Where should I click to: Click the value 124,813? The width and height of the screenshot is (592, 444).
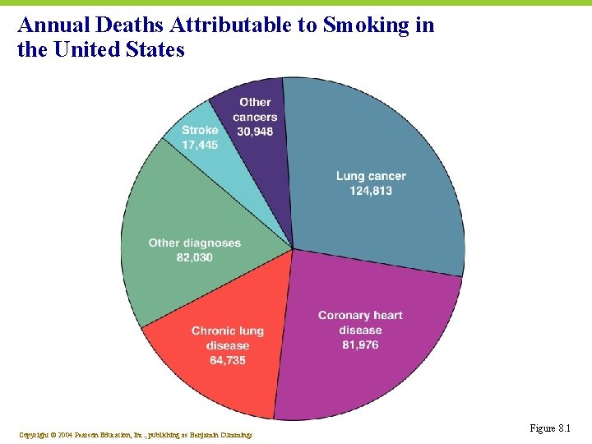click(x=371, y=191)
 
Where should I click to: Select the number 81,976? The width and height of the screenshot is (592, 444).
click(x=360, y=345)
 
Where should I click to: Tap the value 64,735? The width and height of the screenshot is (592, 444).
click(x=228, y=360)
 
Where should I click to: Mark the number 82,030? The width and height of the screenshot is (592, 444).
click(x=194, y=257)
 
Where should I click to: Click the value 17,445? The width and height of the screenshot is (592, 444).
click(x=200, y=145)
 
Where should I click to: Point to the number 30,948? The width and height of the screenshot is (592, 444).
click(x=255, y=131)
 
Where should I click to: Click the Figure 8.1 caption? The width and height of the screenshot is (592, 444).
click(x=550, y=428)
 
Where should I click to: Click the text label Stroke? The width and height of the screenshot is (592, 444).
click(x=200, y=130)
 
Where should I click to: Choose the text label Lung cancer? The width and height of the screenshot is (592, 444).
click(x=371, y=176)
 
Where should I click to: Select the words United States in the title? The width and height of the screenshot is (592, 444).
click(x=118, y=50)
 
